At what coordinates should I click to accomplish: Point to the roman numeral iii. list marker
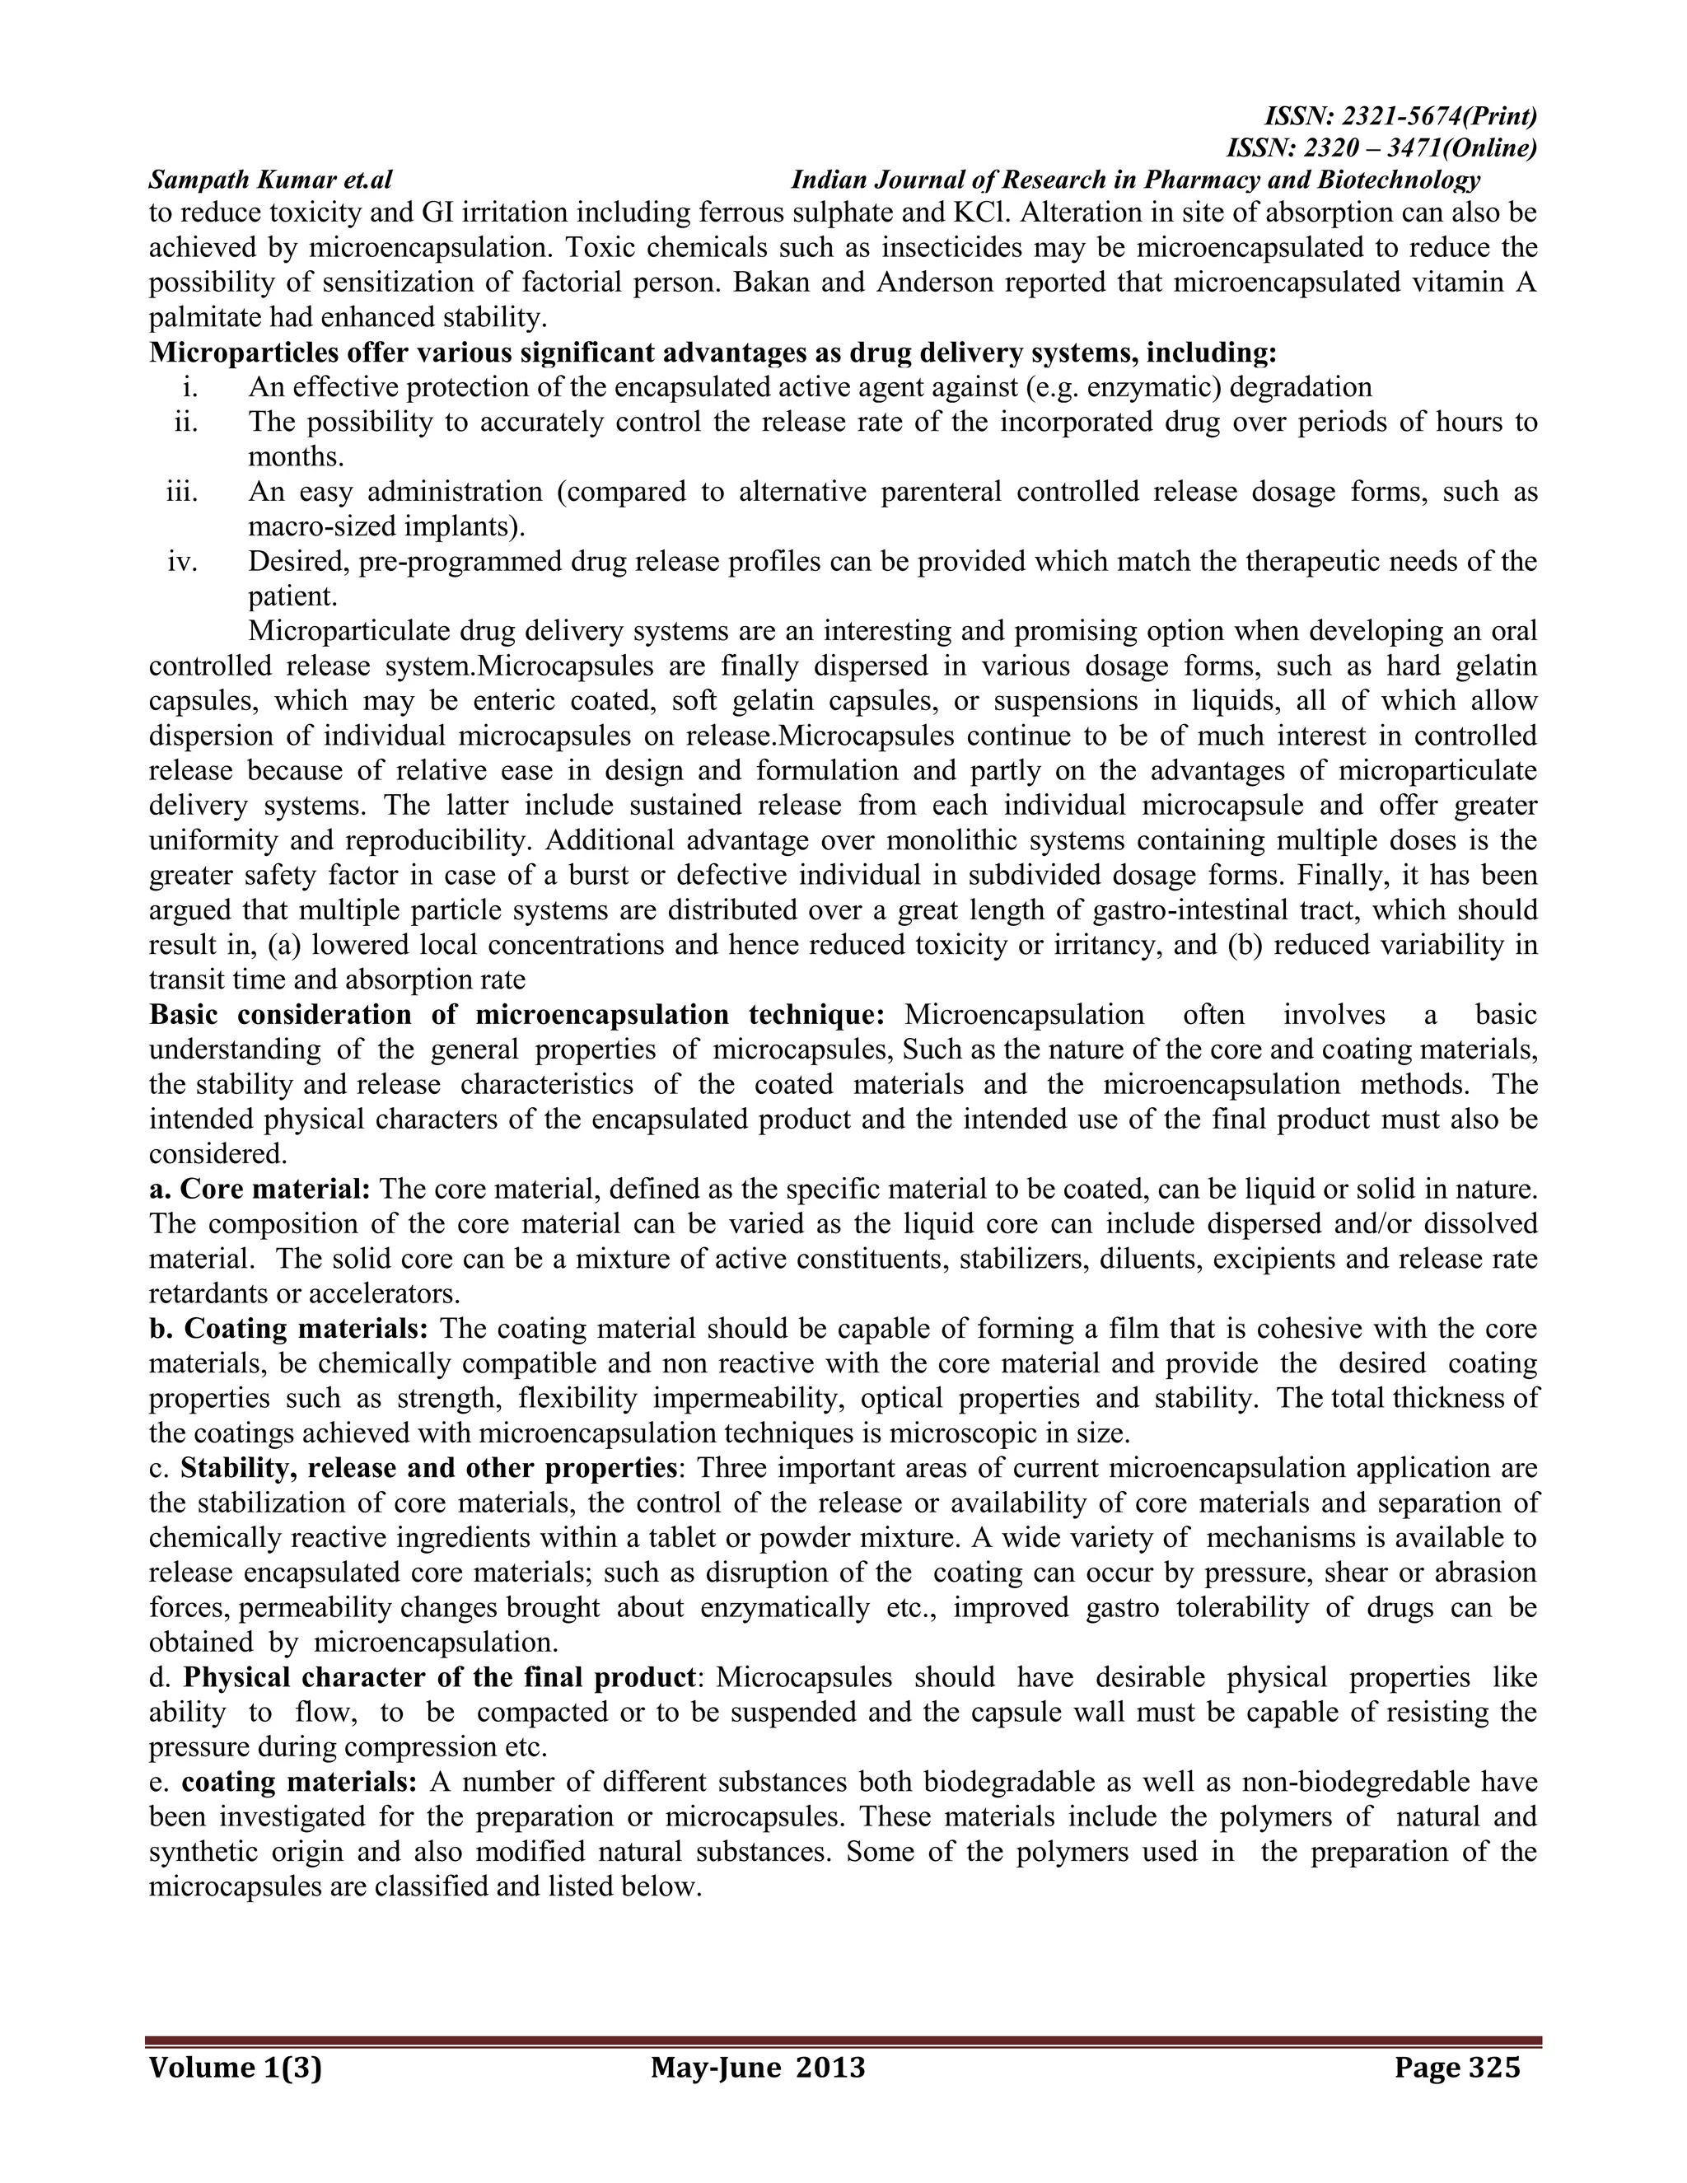click(183, 492)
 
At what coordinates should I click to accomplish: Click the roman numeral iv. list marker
click(183, 562)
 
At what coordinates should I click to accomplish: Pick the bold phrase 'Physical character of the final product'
click(440, 1677)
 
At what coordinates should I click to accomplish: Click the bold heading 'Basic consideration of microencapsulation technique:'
click(516, 1015)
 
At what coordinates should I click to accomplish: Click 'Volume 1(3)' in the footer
click(236, 2067)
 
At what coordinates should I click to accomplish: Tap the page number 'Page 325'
click(1456, 2067)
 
